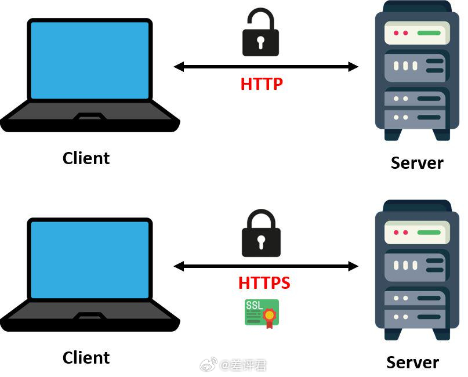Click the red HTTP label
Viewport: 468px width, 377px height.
(262, 84)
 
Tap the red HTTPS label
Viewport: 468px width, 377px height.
(264, 283)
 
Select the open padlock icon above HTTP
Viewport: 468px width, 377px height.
(260, 32)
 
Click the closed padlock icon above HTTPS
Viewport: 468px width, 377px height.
(261, 233)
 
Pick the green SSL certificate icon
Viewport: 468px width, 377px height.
(262, 314)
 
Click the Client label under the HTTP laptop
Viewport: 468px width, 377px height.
(86, 158)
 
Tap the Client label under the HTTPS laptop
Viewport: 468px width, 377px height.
(86, 358)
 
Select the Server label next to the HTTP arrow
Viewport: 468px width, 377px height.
(417, 163)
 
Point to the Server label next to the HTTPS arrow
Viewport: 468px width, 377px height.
(412, 362)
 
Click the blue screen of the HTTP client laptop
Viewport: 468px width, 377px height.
(90, 60)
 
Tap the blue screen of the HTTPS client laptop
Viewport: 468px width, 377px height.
(90, 259)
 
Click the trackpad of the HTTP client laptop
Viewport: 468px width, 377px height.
(90, 117)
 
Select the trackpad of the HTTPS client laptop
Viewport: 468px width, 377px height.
(90, 316)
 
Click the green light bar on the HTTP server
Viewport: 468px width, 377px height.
(429, 33)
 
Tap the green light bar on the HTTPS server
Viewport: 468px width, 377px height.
(429, 232)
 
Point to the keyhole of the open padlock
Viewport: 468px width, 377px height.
(261, 43)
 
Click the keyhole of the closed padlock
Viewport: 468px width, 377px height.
(261, 242)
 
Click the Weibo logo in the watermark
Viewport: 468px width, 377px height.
(209, 364)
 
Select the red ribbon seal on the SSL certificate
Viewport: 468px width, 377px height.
(269, 318)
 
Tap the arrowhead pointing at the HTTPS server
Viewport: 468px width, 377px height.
(353, 266)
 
